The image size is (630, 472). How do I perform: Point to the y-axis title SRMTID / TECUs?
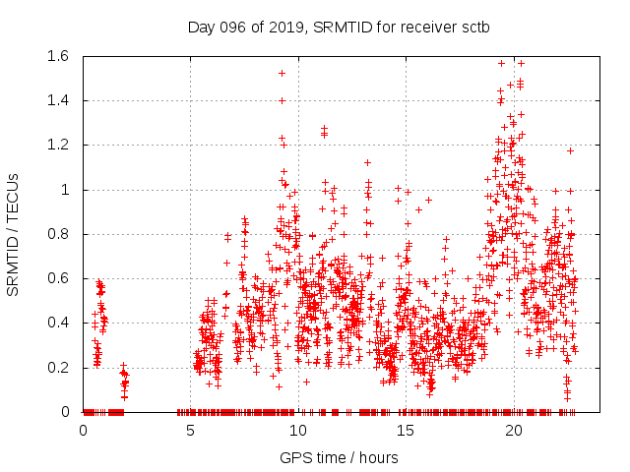pos(13,233)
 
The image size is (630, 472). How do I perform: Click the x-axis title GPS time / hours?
pos(339,457)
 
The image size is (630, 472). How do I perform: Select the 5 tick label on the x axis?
pos(190,430)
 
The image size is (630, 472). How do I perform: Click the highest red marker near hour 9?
pos(282,73)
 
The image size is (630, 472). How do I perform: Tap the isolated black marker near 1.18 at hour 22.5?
pos(569,150)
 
